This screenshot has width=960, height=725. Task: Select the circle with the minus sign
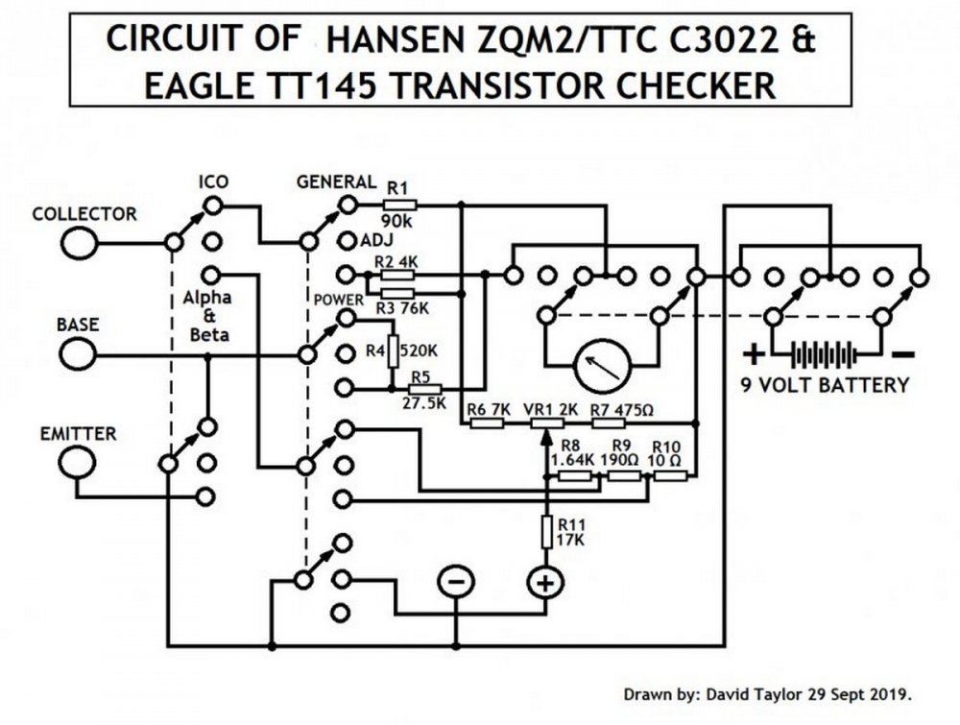(x=456, y=582)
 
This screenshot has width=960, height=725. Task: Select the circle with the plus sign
(x=544, y=582)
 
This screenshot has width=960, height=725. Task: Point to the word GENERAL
(x=336, y=181)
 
